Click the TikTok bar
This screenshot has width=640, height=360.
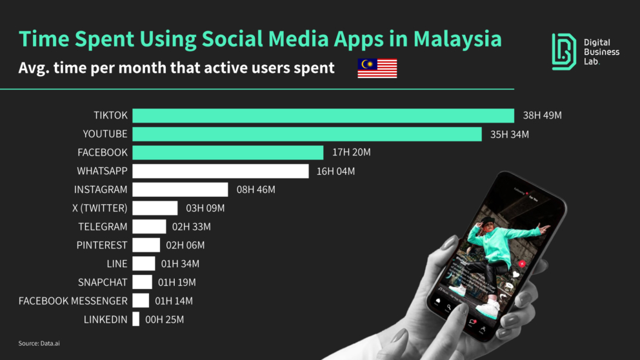coord(323,115)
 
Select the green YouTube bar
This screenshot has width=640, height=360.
coord(306,134)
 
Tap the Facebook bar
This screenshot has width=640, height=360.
coord(228,152)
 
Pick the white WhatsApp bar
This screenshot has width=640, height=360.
coord(220,171)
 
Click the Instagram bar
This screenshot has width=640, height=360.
coord(180,190)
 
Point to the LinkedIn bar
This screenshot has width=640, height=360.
coord(135,319)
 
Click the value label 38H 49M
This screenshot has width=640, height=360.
coord(542,115)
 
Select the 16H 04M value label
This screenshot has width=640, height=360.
coord(335,171)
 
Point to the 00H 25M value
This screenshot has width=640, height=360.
coord(165,319)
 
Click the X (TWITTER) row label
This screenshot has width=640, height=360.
coord(100,208)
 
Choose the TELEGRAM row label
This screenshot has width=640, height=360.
coord(103,227)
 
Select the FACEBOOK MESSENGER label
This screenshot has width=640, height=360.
coord(73,301)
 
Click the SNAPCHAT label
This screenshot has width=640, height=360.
coord(103,282)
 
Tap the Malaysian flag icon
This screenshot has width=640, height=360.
coord(377,68)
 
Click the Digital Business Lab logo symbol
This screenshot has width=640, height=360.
coord(564,51)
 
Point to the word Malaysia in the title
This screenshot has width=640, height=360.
coord(457,39)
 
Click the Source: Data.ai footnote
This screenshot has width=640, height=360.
coord(39,343)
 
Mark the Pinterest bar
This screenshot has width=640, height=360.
coord(146,245)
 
